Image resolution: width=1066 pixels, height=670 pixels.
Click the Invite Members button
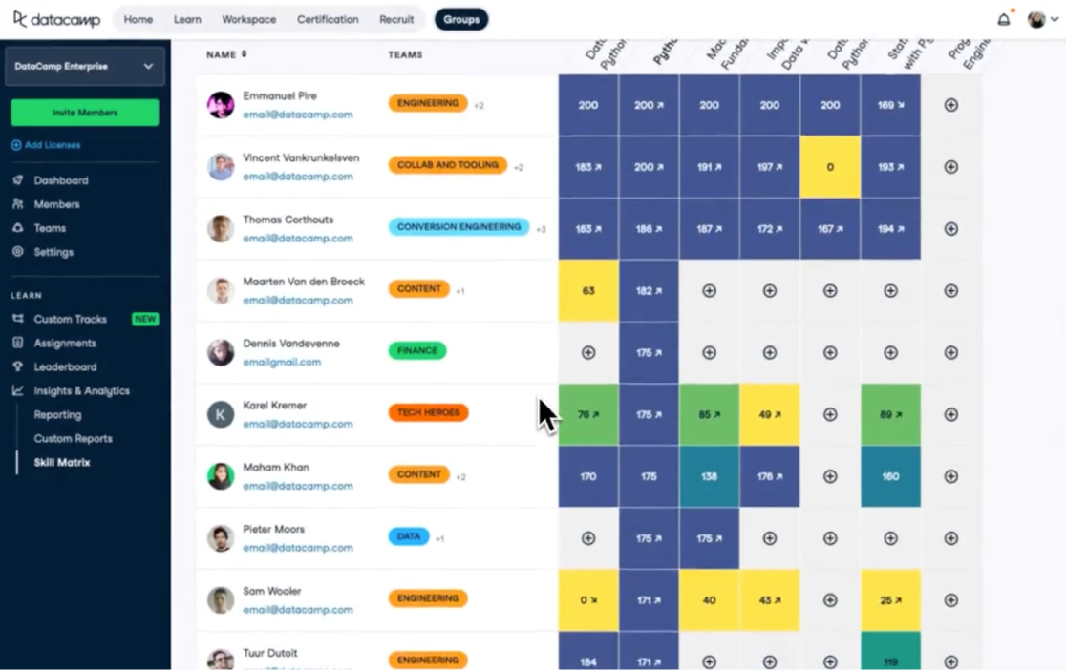click(x=84, y=113)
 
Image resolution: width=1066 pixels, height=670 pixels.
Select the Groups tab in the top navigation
click(x=461, y=19)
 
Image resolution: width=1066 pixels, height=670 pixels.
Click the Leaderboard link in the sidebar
click(x=66, y=367)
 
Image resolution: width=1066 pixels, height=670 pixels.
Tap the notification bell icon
click(x=1004, y=19)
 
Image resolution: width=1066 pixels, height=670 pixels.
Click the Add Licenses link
click(x=52, y=145)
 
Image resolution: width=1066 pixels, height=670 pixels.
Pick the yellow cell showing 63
click(x=588, y=291)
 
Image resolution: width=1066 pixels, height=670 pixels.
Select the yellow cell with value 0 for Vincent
click(x=830, y=167)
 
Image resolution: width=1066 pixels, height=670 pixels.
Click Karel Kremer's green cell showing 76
click(x=588, y=415)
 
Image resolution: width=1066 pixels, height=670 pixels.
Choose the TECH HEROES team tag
click(x=428, y=413)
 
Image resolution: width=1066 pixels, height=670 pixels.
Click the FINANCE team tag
click(x=417, y=351)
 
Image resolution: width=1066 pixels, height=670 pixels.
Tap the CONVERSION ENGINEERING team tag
click(x=458, y=227)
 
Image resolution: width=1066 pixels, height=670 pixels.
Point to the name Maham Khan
click(x=276, y=468)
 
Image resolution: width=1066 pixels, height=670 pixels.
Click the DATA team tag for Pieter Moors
click(x=409, y=536)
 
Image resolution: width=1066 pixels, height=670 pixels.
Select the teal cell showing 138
click(x=709, y=476)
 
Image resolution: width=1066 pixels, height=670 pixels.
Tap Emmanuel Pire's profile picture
click(x=221, y=105)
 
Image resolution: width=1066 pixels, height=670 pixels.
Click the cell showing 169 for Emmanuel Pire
click(x=890, y=105)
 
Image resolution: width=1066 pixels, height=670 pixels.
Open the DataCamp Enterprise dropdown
click(x=84, y=67)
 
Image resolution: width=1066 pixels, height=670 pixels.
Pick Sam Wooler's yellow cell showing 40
click(x=709, y=600)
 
